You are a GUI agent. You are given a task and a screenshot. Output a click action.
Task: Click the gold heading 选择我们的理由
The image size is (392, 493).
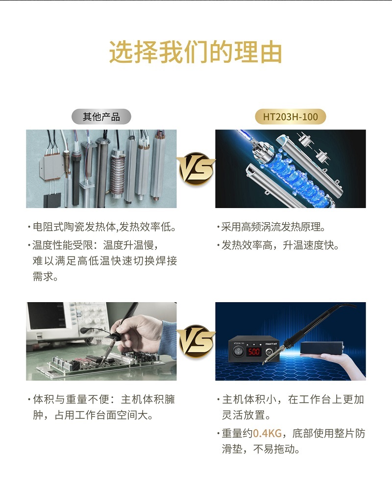[x=196, y=52]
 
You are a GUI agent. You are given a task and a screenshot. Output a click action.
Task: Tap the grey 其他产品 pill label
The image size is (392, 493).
[x=101, y=117]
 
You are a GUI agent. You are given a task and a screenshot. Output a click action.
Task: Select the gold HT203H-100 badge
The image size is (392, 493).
[x=290, y=117]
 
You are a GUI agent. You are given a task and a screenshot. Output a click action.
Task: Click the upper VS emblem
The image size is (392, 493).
[x=196, y=169]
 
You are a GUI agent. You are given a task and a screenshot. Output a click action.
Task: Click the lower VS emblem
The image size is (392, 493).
[x=196, y=341]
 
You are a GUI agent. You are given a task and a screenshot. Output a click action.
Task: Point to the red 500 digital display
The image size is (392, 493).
[x=254, y=351]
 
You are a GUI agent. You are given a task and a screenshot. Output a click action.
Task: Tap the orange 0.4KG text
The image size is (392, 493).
[x=268, y=433]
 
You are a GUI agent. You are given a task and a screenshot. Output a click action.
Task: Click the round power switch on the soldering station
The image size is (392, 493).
[x=238, y=351]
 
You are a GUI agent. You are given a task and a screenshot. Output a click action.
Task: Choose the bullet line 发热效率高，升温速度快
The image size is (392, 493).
[x=278, y=245]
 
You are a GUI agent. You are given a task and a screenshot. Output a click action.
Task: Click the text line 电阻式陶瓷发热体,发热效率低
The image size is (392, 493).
[x=102, y=227]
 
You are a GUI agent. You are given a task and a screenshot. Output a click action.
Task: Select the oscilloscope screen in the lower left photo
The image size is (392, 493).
[x=45, y=315]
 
